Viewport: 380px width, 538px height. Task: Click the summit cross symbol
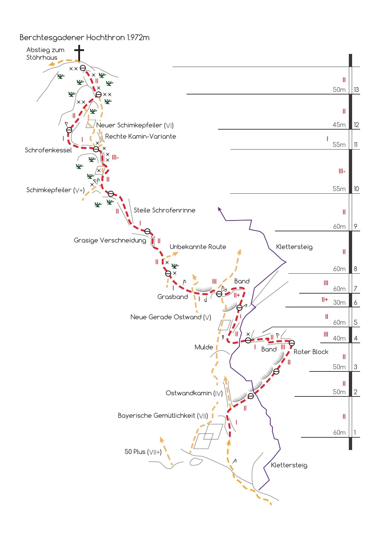[x=79, y=53]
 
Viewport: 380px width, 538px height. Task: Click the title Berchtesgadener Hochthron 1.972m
[x=84, y=37]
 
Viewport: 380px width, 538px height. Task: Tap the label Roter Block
[x=311, y=352]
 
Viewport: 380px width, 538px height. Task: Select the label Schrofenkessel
[x=48, y=150]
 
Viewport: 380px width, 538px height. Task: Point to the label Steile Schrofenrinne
[x=164, y=210]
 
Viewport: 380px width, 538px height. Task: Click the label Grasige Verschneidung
[x=110, y=240]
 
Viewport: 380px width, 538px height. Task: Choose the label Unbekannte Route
[x=198, y=247]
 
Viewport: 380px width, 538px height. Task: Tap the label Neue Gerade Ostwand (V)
[x=171, y=317]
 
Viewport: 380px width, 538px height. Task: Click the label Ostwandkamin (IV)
[x=194, y=393]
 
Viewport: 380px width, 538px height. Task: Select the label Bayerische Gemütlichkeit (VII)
[x=163, y=416]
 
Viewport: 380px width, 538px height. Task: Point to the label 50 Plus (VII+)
[x=143, y=452]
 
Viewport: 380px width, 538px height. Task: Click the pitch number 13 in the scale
[x=356, y=89]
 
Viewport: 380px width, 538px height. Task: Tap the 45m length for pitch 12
[x=339, y=125]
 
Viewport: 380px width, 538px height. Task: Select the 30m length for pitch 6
[x=339, y=302]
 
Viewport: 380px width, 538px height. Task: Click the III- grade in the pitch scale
[x=342, y=171]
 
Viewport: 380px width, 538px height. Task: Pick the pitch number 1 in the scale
[x=355, y=432]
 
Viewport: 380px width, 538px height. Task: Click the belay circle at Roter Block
[x=292, y=343]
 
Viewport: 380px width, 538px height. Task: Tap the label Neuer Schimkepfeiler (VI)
[x=135, y=125]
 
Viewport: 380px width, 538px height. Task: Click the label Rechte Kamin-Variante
[x=141, y=136]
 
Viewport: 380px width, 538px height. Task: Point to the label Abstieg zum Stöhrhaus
[x=45, y=54]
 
